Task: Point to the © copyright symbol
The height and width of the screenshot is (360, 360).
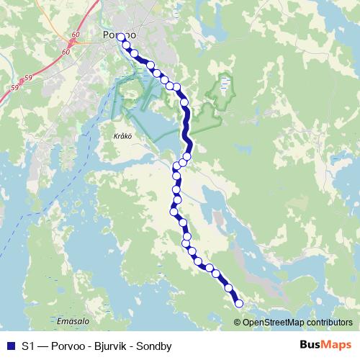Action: (238, 322)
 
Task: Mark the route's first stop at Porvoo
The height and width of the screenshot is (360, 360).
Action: (120, 37)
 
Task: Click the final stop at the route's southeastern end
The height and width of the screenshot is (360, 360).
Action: (239, 303)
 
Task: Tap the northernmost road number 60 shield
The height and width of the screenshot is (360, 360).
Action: (86, 35)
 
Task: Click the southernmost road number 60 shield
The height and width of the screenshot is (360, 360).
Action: (66, 53)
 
